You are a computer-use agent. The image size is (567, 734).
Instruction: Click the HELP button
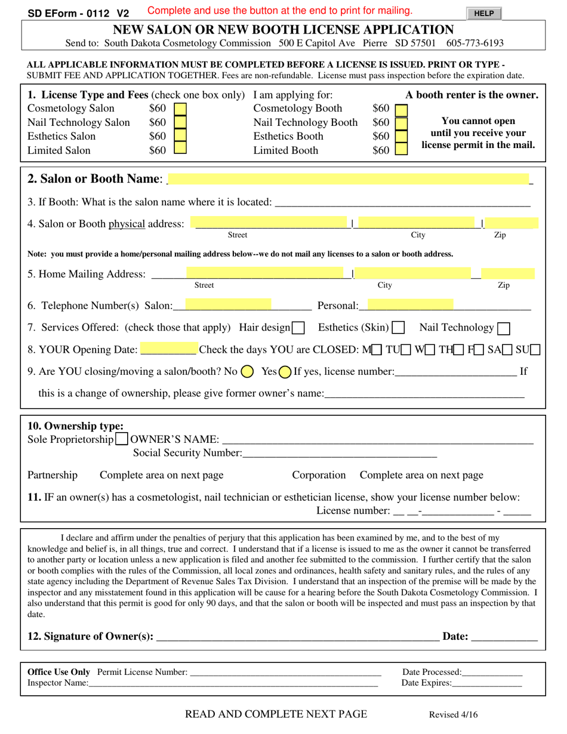click(x=484, y=13)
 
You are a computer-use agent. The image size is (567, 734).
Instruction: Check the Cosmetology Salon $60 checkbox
click(x=180, y=109)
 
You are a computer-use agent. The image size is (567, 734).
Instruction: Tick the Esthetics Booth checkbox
click(x=402, y=136)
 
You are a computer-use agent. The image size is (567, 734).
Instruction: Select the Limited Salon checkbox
click(x=180, y=150)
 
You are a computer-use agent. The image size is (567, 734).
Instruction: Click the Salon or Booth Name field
click(x=349, y=179)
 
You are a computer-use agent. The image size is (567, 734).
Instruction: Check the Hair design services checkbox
click(x=298, y=328)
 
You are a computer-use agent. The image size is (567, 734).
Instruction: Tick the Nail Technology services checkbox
click(x=504, y=328)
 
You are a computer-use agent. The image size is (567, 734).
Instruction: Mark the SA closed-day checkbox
click(x=509, y=350)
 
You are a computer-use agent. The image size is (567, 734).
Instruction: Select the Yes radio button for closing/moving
click(x=285, y=372)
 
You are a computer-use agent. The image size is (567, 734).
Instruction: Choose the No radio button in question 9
click(x=247, y=372)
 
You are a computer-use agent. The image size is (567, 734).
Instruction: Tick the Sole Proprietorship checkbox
click(x=121, y=440)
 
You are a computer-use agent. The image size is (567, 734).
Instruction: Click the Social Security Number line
click(x=340, y=454)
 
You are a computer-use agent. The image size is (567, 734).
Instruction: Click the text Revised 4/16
click(x=454, y=715)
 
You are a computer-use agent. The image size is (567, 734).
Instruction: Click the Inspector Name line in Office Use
click(x=233, y=683)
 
